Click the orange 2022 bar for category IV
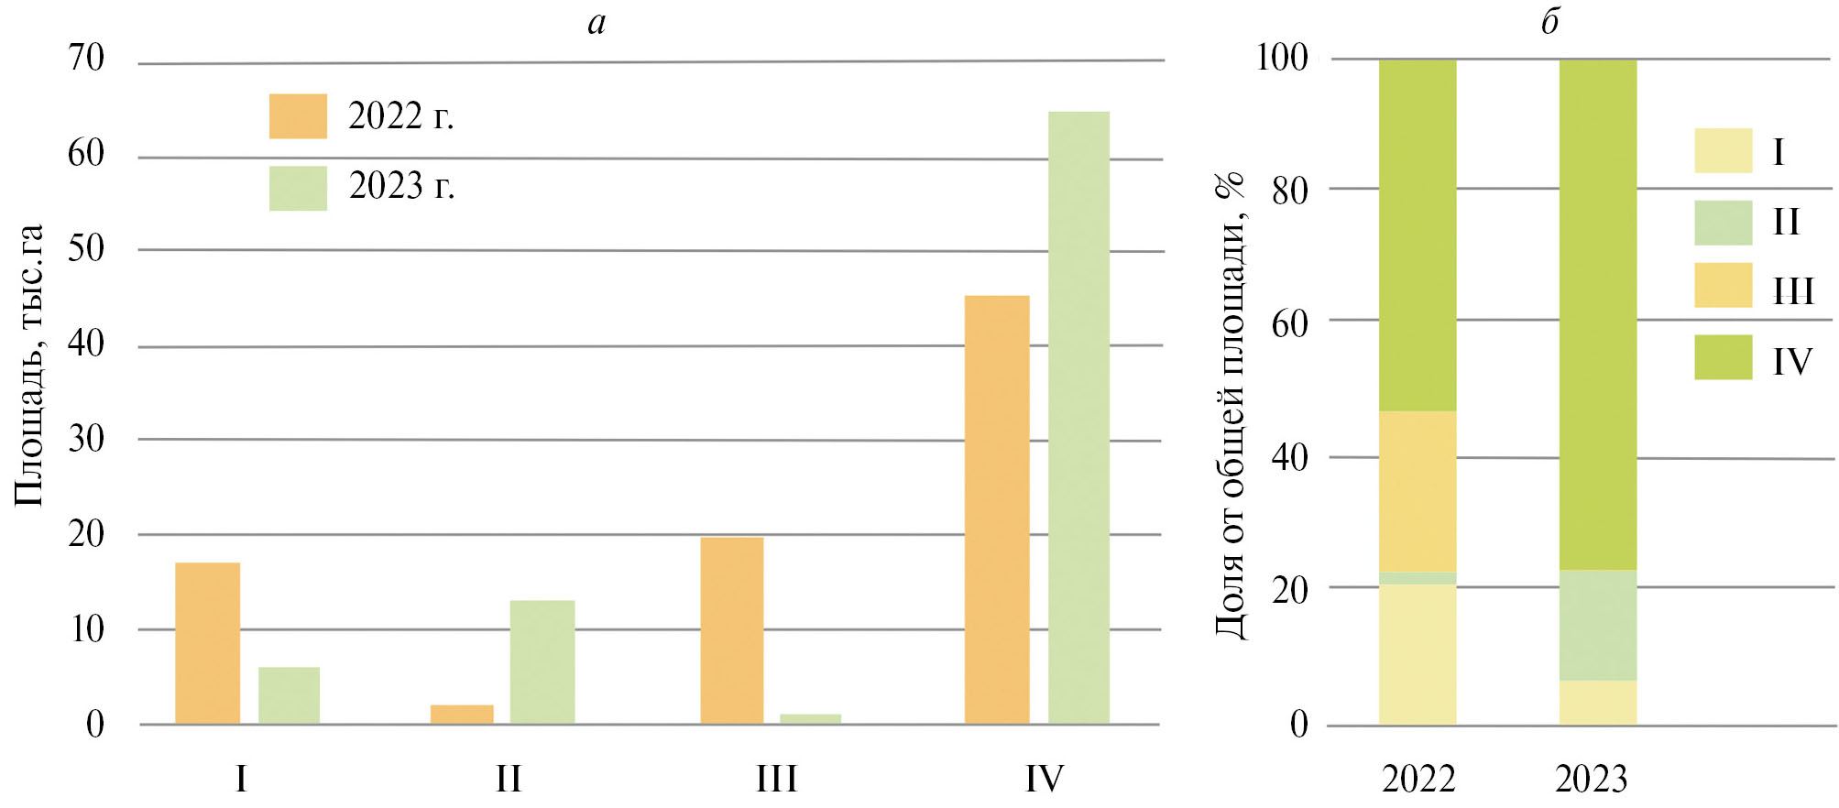(997, 509)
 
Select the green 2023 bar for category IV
(1078, 418)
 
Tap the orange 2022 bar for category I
(208, 643)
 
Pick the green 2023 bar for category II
(542, 661)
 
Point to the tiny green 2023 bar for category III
(810, 719)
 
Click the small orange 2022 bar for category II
(462, 715)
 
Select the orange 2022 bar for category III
(731, 630)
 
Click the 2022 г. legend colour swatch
(298, 116)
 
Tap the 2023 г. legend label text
(401, 186)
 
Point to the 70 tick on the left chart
(86, 58)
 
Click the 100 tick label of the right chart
(1281, 58)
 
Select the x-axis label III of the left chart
(776, 780)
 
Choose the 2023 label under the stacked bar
(1591, 780)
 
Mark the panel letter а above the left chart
(597, 22)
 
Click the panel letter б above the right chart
(1549, 20)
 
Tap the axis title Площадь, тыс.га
(29, 365)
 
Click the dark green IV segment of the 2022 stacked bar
(1418, 235)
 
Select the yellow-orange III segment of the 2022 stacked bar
(1418, 491)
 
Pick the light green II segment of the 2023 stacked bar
(1598, 625)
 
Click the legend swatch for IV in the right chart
(1723, 357)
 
